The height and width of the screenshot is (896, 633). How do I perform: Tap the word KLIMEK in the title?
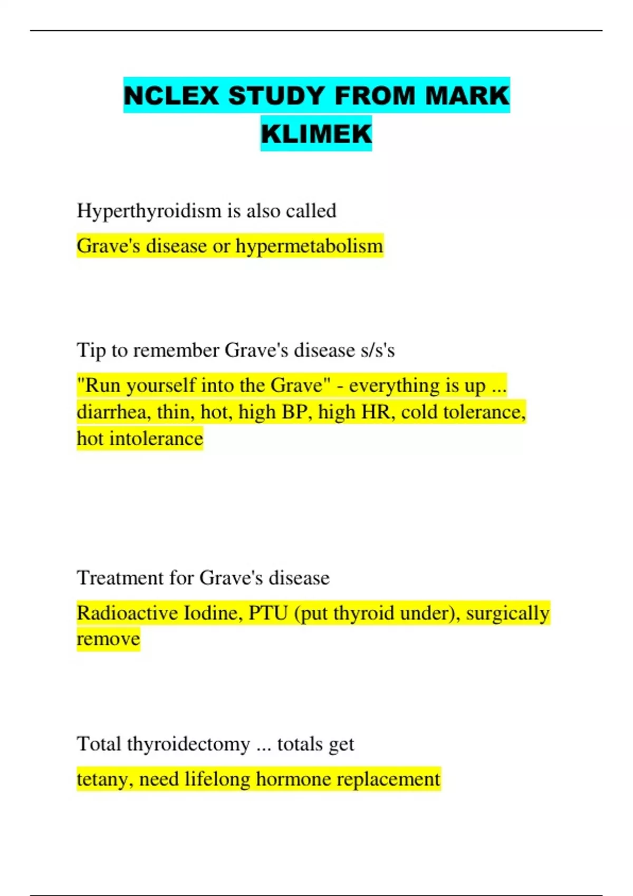coord(316,133)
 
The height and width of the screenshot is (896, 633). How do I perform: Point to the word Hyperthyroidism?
coord(149,211)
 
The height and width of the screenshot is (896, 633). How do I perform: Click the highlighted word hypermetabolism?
coord(309,246)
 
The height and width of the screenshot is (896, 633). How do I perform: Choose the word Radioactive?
coord(127,613)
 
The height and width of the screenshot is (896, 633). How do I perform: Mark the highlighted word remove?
coord(108,639)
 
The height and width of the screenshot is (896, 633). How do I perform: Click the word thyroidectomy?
coord(188,744)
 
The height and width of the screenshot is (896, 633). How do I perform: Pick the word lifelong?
coord(217,780)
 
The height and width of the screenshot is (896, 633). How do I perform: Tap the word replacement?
coord(387,780)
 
